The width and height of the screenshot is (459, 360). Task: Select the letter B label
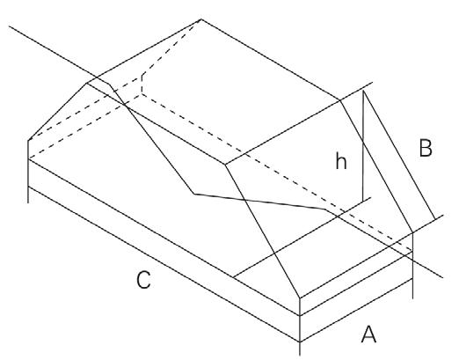[x=426, y=150]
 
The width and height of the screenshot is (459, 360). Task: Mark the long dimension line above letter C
[x=158, y=255]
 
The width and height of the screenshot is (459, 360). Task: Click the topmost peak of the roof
[x=200, y=18]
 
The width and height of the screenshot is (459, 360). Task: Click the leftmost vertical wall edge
[x=30, y=172]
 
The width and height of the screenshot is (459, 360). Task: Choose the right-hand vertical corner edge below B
[x=412, y=264]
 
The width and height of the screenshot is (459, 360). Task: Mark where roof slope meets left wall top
[x=30, y=139]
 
